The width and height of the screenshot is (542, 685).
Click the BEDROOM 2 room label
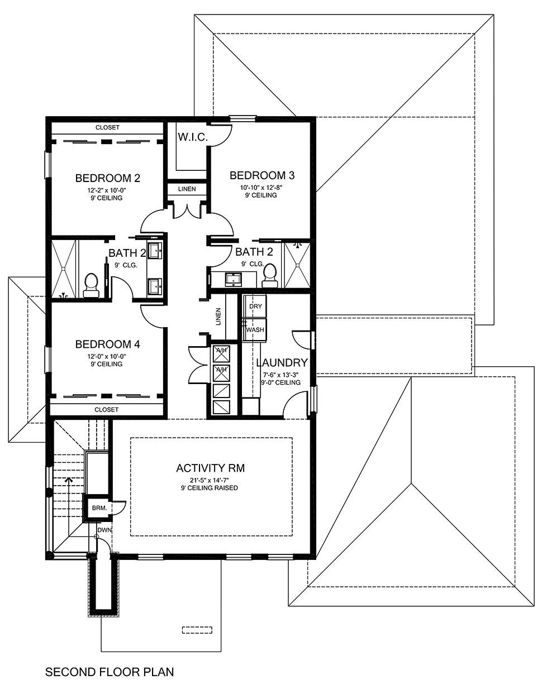point(107,179)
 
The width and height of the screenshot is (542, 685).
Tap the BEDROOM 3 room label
point(262,175)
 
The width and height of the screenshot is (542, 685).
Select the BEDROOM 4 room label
point(107,344)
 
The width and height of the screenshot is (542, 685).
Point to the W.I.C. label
point(193,137)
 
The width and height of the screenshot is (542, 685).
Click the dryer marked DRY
point(255,306)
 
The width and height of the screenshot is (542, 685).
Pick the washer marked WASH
point(255,329)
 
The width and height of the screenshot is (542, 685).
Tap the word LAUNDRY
point(282,363)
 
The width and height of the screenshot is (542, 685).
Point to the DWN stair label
point(104,530)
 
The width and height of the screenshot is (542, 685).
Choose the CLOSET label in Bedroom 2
point(107,128)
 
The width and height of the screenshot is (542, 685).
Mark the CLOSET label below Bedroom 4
point(107,410)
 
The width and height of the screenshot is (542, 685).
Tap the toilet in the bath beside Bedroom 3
point(270,273)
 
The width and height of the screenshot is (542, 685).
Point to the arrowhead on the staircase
point(69,478)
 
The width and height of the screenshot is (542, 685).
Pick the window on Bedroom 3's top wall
point(243,118)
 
